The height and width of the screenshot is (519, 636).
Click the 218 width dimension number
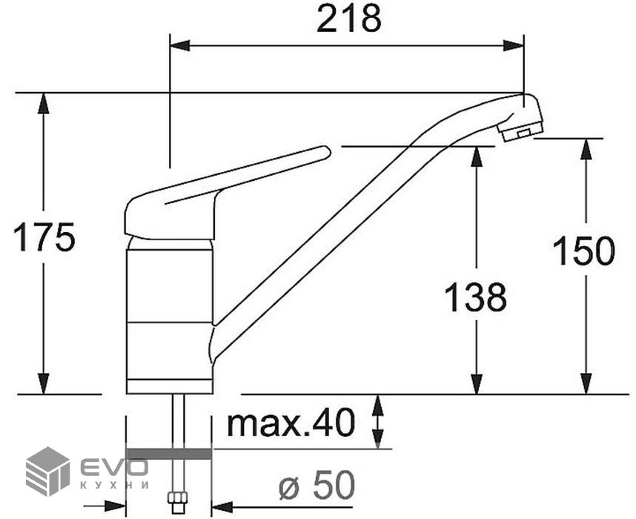pyautogui.click(x=349, y=19)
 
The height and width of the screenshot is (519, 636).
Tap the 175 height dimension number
pyautogui.click(x=44, y=237)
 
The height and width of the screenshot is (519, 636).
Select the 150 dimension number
pyautogui.click(x=583, y=251)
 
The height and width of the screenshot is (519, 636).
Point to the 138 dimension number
pyautogui.click(x=476, y=297)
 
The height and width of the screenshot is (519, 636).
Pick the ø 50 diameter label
pyautogui.click(x=317, y=485)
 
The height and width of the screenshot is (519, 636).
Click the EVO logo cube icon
pyautogui.click(x=47, y=471)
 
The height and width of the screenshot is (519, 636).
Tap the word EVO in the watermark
pyautogui.click(x=113, y=466)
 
